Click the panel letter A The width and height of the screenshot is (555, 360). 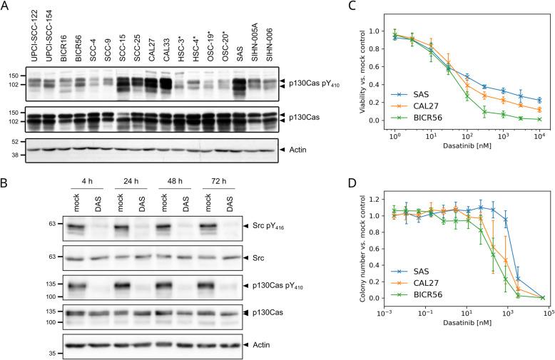click(x=5, y=6)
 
